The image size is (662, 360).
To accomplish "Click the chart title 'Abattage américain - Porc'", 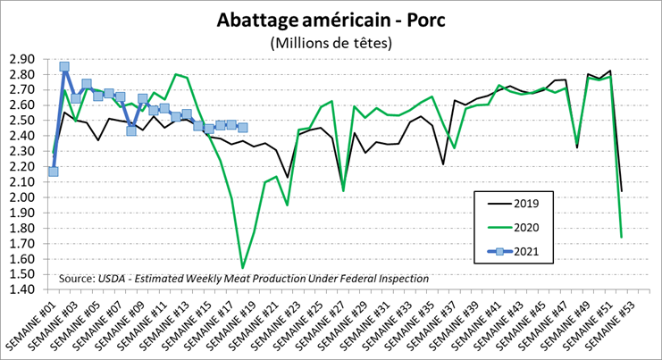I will click(x=330, y=20).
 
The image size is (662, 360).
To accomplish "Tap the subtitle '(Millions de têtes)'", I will click(x=330, y=43).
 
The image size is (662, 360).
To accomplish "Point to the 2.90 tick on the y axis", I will click(x=21, y=59).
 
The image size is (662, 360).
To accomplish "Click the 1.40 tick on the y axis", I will click(x=21, y=289).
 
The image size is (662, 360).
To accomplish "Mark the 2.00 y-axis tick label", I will click(x=21, y=197).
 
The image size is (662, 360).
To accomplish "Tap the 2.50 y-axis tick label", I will click(x=21, y=121).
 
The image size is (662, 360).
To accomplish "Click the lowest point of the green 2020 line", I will click(x=242, y=268).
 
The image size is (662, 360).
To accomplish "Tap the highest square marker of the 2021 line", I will click(x=64, y=67).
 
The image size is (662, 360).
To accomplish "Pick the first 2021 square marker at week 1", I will click(x=54, y=172).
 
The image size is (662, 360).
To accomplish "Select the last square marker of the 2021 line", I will click(x=242, y=128).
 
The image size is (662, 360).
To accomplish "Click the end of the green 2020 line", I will click(x=621, y=238).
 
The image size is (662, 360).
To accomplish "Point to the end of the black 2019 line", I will click(x=621, y=190).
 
